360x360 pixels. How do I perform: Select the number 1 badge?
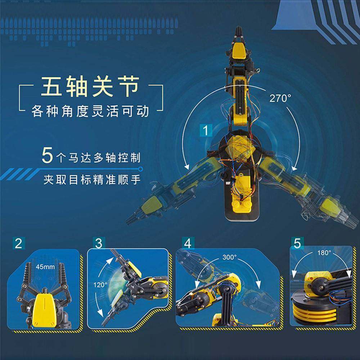[x=206, y=131]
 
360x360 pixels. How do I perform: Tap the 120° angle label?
[x=101, y=284]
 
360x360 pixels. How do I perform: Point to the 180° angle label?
[x=324, y=253]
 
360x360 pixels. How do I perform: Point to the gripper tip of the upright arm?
[x=239, y=34]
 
